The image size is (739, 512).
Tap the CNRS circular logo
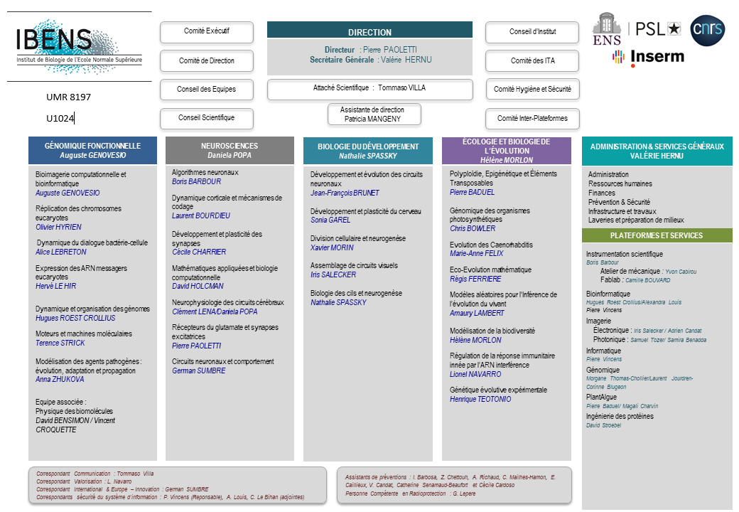[x=708, y=32]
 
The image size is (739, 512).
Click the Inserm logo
[x=648, y=57]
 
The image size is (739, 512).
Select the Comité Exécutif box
[x=207, y=32]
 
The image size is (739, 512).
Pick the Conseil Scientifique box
[x=207, y=118]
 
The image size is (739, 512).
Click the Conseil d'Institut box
[x=533, y=32]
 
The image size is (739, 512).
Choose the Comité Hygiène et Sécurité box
[x=533, y=90]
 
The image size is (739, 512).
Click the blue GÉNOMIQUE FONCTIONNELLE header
[x=92, y=150]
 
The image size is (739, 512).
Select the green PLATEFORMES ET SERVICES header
[x=657, y=235]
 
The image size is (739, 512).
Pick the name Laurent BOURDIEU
[x=201, y=215]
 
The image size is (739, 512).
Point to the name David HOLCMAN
[x=199, y=286]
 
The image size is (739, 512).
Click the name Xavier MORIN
[x=332, y=247]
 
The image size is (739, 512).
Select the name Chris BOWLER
[x=472, y=228]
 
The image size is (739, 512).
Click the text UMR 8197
[x=69, y=97]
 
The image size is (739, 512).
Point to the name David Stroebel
[x=603, y=425]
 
